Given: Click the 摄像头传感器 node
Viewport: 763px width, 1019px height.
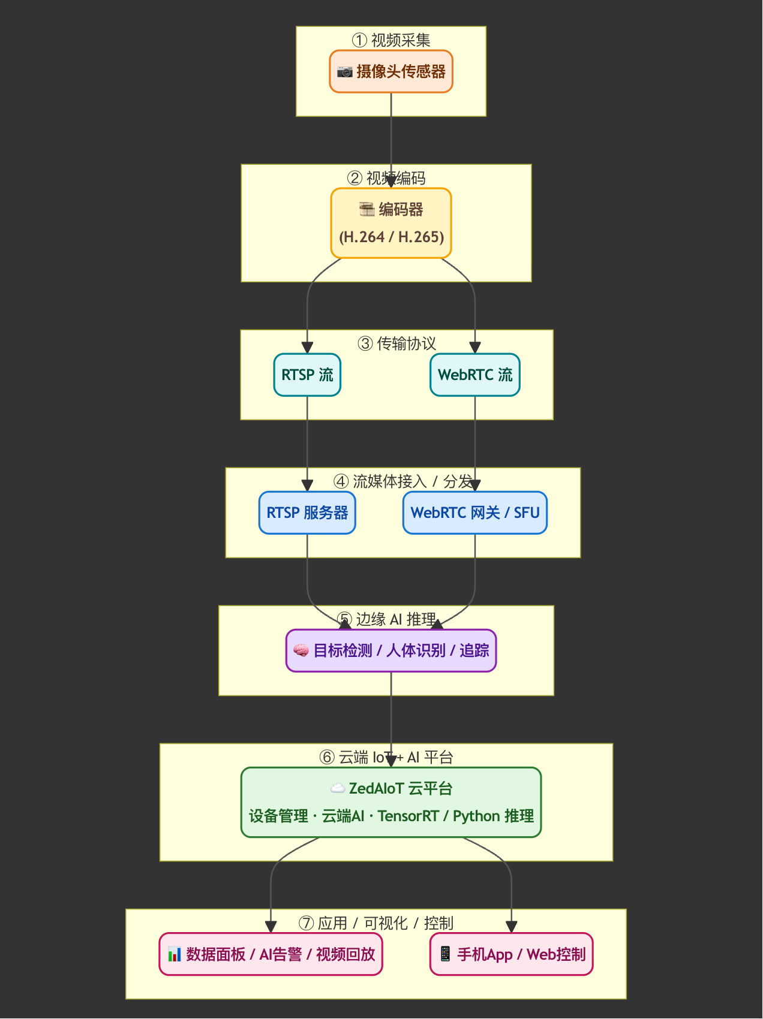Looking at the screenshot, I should [391, 71].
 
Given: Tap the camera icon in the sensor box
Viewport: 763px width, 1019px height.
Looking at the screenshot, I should [344, 72].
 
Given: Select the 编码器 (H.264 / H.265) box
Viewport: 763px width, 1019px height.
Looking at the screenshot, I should [391, 223].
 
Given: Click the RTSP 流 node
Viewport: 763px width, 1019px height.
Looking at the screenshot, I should [307, 375].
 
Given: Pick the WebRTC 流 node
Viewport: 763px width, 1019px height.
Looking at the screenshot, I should [475, 375].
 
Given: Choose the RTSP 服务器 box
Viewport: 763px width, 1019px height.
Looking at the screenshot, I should [307, 512].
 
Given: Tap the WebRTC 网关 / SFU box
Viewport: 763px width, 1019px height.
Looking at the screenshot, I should [475, 512].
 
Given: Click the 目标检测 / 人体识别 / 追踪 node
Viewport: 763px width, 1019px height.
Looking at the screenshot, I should [391, 650].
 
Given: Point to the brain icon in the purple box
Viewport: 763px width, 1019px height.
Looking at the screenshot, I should [301, 650].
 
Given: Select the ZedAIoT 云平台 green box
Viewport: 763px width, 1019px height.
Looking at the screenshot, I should [391, 802].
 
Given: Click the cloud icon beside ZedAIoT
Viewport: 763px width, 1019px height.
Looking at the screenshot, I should [338, 788].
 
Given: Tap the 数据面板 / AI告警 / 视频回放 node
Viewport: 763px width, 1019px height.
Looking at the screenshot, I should [271, 954].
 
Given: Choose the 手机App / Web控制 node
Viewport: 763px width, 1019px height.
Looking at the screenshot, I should [512, 954].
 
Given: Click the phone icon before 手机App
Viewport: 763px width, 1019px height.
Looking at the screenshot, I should [445, 954].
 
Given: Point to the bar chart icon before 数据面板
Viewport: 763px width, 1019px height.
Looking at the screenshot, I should [174, 954].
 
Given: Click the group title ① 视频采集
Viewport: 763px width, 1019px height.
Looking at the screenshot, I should [391, 40].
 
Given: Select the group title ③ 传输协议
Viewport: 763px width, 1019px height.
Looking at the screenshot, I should [396, 343].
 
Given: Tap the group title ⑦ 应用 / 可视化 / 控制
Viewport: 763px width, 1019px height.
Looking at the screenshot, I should [376, 923].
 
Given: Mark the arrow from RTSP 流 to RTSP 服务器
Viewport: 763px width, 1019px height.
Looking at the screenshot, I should [307, 444].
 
